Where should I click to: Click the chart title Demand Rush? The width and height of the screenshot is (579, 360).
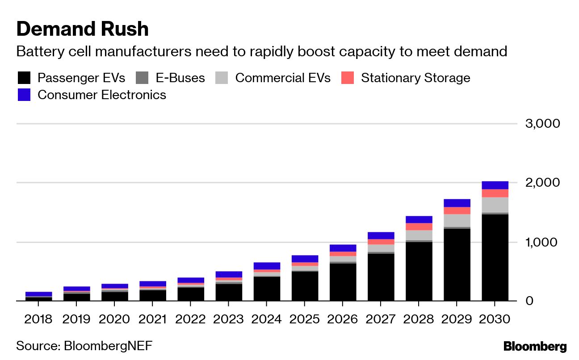(x=82, y=29)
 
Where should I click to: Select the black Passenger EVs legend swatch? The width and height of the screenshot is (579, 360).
(x=24, y=78)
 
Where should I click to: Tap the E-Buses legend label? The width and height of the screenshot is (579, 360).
(x=180, y=78)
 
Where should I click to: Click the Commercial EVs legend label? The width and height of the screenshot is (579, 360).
(x=282, y=78)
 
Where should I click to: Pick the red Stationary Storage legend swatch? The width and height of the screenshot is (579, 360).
(x=348, y=78)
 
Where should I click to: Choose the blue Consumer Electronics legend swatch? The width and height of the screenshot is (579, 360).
(x=24, y=95)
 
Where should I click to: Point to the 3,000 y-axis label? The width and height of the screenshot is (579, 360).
(x=543, y=123)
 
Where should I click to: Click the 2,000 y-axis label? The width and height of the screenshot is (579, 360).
(x=543, y=183)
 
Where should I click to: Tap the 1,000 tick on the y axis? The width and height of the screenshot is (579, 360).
(x=543, y=242)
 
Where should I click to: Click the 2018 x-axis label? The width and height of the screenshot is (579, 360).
(x=38, y=320)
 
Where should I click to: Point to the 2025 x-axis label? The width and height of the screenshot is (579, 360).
(x=304, y=320)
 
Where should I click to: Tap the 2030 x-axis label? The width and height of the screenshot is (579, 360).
(x=495, y=320)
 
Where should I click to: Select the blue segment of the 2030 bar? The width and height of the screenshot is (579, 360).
(x=495, y=185)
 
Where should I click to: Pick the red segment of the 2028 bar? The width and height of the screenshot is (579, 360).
(x=419, y=226)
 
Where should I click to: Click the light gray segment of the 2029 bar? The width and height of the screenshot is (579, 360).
(x=457, y=220)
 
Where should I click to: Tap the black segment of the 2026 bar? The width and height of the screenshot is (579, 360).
(x=343, y=282)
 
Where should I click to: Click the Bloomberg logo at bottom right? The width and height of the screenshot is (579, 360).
(x=535, y=347)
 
